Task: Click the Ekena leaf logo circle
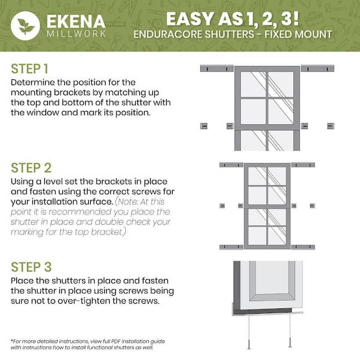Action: [25, 26]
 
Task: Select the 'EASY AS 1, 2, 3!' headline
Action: [248, 16]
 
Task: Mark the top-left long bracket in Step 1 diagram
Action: [215, 68]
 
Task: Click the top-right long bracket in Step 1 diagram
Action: [317, 68]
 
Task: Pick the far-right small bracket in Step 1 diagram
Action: [330, 125]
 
